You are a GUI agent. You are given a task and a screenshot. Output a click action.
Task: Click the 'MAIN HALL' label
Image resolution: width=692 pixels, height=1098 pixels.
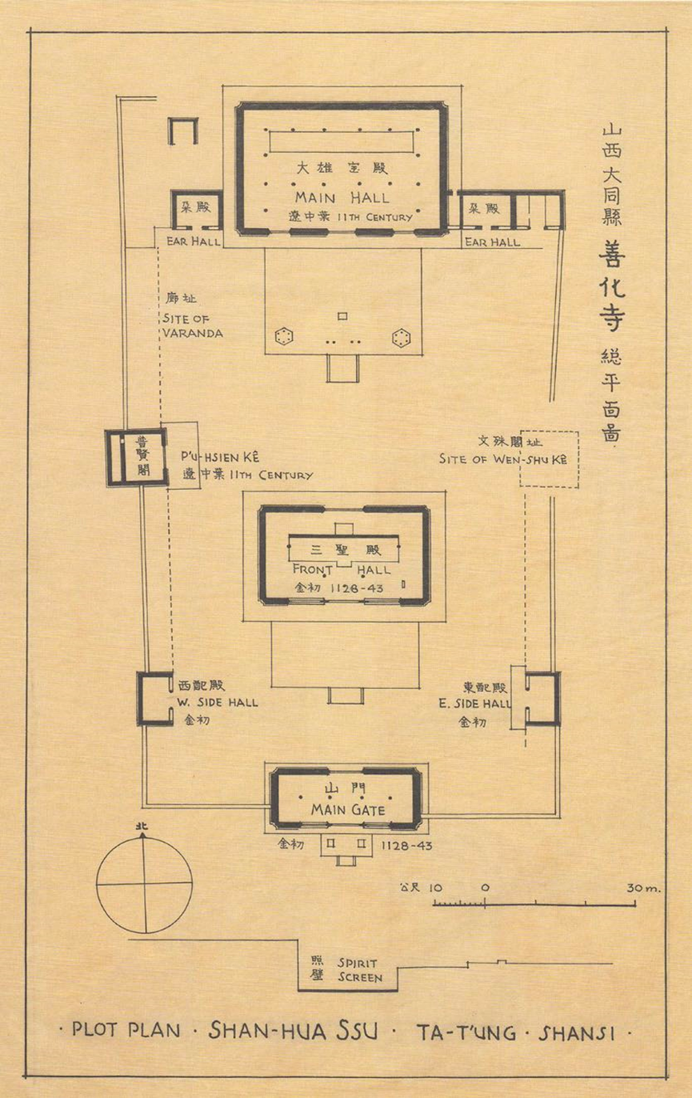coord(342,198)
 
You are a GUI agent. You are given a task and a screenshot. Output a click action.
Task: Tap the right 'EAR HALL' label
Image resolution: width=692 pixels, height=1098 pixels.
coord(493,241)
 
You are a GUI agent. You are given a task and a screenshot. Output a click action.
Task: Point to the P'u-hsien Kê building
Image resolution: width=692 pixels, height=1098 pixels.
coord(136,457)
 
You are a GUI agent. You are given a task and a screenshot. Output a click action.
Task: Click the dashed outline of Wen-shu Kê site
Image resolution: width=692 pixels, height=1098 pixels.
coord(549,459)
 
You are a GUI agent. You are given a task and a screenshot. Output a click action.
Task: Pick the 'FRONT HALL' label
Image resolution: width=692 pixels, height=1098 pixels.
coord(343,570)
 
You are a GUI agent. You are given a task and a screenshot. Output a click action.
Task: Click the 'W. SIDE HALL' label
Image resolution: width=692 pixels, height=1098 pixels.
coord(217,703)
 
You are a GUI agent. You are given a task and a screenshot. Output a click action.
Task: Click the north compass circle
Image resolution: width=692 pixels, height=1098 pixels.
coord(144,884)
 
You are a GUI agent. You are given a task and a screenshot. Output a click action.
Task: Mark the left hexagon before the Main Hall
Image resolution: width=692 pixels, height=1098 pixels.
coord(282,338)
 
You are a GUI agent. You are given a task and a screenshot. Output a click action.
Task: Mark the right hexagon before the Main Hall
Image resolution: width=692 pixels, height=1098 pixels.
coord(401,338)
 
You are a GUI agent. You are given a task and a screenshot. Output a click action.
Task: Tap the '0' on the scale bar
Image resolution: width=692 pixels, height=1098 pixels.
coord(486,888)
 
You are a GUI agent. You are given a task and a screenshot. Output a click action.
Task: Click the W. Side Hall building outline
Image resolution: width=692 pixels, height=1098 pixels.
coord(154,698)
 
